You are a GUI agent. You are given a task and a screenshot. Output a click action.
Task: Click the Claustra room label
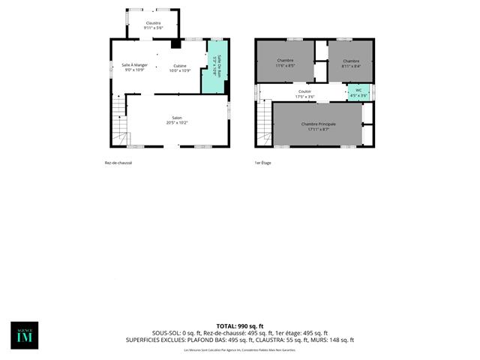coord(153,23)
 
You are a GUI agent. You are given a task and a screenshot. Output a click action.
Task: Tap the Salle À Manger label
coord(136,65)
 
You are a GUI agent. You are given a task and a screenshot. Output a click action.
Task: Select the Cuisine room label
coord(180,65)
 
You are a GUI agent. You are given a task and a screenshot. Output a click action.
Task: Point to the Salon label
coord(177,118)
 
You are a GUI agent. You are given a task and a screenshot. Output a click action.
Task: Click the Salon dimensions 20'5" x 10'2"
coord(177,123)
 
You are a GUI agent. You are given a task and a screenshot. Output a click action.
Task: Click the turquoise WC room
coord(358,92)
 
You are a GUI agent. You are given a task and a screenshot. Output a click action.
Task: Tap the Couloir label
coord(304,92)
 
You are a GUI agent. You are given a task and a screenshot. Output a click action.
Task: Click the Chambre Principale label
coord(318,124)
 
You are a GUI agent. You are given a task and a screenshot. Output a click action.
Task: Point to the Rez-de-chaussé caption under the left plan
coord(118,163)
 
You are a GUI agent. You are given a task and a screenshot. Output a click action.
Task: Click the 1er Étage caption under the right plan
coord(263,163)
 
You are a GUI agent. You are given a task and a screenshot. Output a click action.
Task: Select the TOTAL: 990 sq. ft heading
coord(240,326)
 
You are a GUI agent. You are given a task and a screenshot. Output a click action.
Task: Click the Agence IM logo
coord(24,335)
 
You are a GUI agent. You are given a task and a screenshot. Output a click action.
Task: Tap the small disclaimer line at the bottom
coord(240,349)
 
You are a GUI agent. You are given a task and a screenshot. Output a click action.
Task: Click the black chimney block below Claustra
coord(175,43)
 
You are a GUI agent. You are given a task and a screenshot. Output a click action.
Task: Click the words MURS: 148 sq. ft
coord(335,340)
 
